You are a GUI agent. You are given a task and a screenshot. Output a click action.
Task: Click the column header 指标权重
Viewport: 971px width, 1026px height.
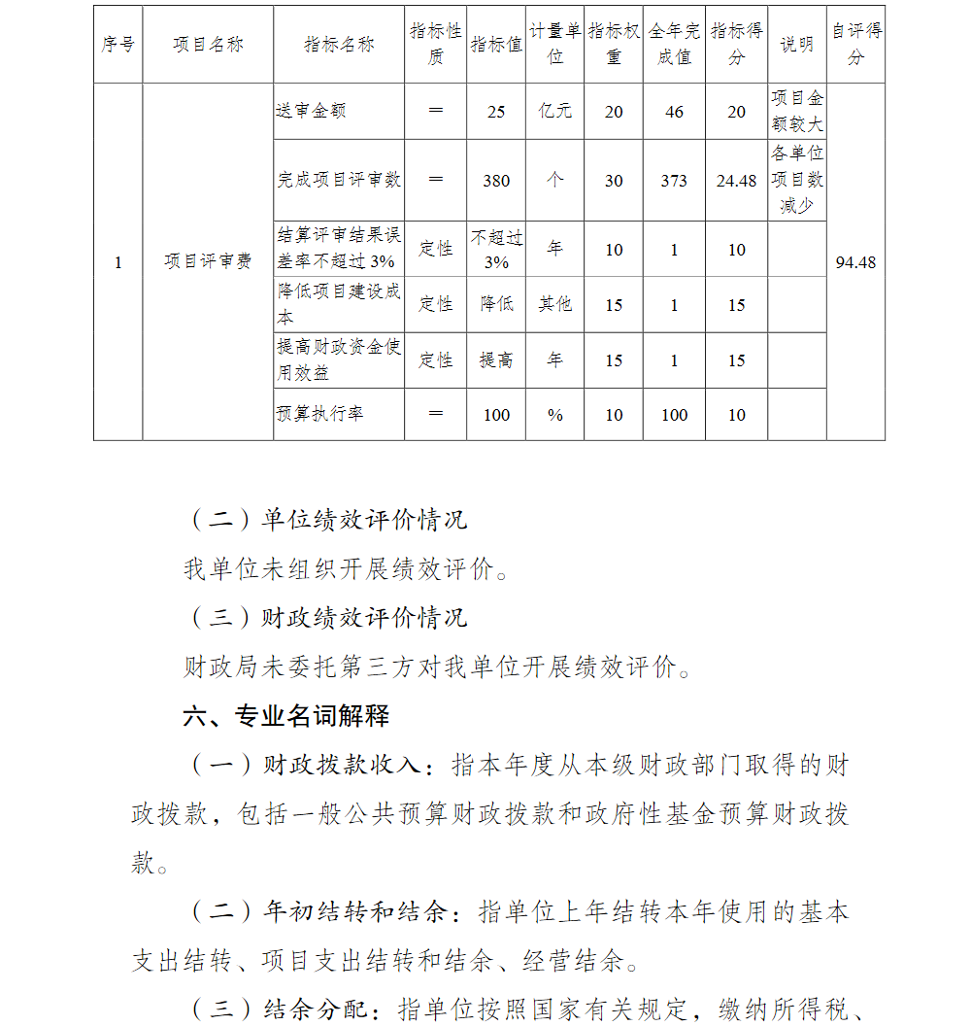coord(614,44)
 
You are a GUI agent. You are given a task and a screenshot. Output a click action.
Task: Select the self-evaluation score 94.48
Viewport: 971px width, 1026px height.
coord(855,262)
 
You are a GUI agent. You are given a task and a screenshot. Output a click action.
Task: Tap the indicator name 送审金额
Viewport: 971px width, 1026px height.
coord(311,112)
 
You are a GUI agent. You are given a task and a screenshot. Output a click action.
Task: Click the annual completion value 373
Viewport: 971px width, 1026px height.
coord(674,181)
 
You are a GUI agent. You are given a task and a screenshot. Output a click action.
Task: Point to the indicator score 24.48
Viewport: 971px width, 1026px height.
coord(736,181)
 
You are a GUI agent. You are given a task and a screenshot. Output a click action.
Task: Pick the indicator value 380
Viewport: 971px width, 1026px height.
coord(496,181)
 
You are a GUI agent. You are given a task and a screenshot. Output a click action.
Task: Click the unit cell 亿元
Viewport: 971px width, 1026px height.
coord(555,112)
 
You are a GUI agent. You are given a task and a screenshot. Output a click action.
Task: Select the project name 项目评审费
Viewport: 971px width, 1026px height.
coord(208,262)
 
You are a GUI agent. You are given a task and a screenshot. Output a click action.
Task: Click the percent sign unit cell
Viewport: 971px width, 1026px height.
coord(555,415)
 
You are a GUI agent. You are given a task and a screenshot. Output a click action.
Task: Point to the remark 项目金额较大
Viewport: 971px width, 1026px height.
coord(797,112)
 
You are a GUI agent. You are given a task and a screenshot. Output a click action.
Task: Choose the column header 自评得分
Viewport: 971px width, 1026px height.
coord(855,44)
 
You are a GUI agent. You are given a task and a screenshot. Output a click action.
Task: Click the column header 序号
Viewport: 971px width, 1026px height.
coord(117,45)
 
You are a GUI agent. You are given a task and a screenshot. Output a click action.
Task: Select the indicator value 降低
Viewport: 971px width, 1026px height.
coord(496,305)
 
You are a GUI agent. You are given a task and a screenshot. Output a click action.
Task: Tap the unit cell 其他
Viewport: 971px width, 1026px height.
coord(555,305)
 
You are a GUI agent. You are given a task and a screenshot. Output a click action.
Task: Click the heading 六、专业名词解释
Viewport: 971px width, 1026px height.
coord(286,717)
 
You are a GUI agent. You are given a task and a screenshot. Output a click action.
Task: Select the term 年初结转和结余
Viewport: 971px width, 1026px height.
coord(355,912)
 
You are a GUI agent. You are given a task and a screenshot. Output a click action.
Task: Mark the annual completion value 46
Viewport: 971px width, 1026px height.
coord(675,112)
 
